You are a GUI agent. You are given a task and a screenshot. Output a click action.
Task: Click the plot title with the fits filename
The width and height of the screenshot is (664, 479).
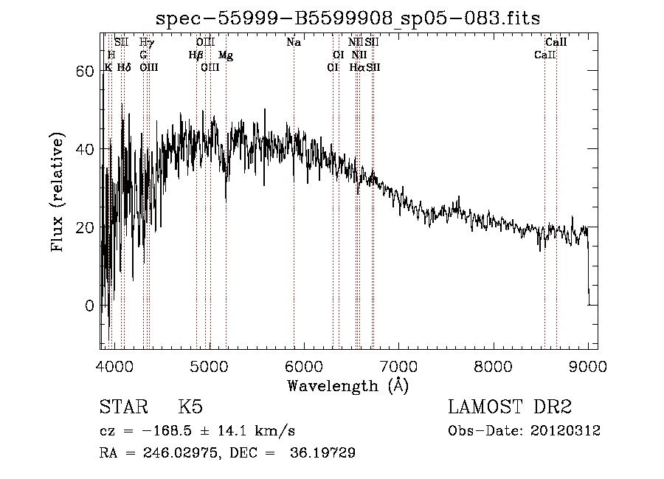pos(353,18)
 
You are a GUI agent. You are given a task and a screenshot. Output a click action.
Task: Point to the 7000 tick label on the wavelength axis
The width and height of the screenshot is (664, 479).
pos(398,365)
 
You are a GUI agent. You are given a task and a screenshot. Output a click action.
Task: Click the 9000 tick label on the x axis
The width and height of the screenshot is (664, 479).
pos(588,365)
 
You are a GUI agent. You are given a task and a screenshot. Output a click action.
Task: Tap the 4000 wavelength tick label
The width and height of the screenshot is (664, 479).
pos(114,365)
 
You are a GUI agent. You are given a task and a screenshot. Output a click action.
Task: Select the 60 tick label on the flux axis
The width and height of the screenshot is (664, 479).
pos(86,71)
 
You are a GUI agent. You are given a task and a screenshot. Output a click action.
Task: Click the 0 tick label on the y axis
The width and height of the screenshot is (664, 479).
pos(91,306)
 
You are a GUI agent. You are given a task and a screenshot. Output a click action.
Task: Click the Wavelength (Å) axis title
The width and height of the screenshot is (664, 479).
pos(347,385)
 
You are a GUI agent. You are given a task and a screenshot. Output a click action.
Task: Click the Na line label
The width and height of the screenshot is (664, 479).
pos(294,43)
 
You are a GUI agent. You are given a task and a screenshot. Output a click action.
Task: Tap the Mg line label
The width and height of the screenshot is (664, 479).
pos(226,55)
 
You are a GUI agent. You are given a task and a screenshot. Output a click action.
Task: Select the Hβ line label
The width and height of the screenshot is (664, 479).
pos(196,55)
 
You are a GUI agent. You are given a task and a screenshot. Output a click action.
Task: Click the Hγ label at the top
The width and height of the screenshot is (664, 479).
pos(146,43)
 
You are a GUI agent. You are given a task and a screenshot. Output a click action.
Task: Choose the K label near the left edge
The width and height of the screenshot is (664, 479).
pos(108,67)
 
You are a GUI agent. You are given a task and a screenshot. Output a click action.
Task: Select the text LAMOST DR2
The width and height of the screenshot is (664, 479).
pos(510,407)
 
